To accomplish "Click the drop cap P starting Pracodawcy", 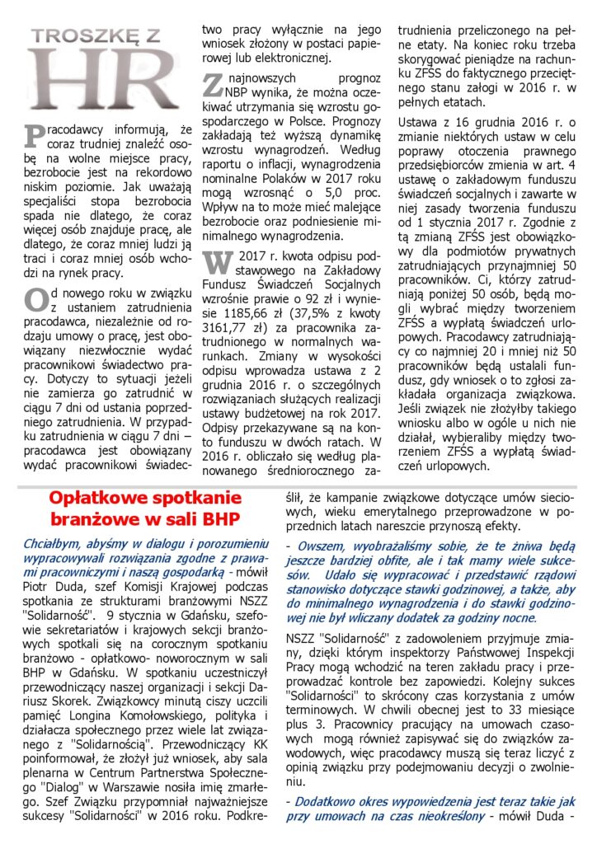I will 32,135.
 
